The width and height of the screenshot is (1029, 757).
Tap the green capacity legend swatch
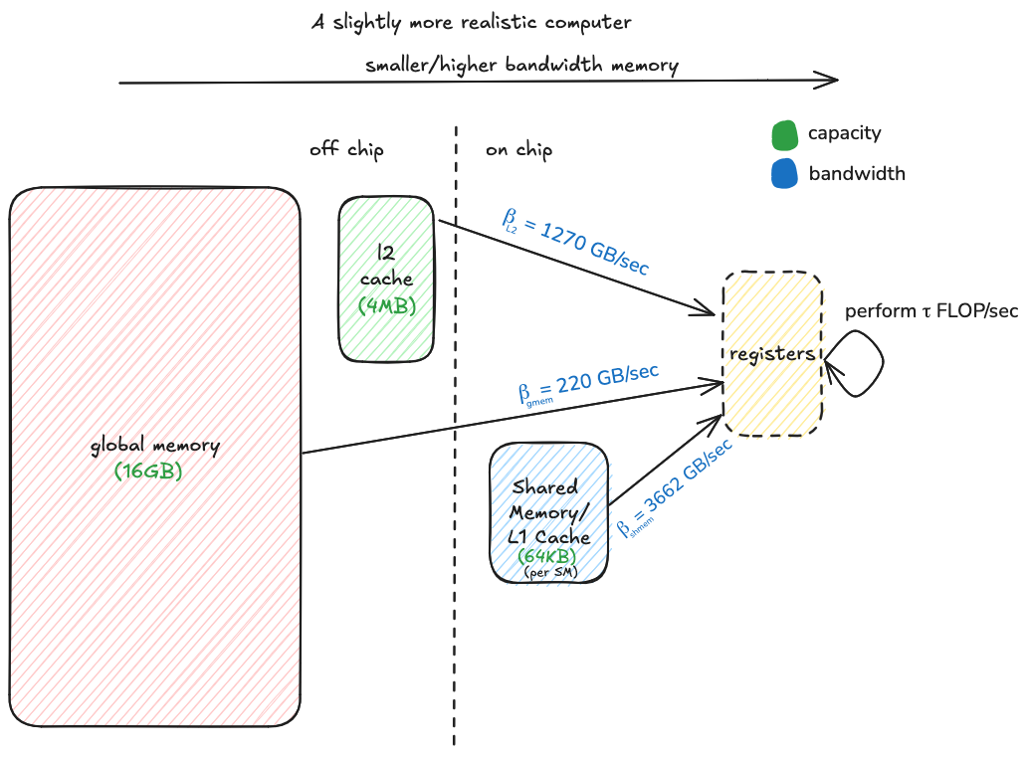pos(784,134)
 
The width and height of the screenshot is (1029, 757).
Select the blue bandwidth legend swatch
pos(784,173)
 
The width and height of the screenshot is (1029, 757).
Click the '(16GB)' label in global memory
pos(149,471)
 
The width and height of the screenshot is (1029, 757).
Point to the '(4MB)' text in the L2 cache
pos(387,305)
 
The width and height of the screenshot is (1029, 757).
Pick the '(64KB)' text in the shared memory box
pos(547,557)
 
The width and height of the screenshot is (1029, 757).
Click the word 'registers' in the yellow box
pos(772,354)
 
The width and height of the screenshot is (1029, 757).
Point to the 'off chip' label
pos(346,150)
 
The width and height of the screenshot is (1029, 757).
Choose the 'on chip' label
pos(518,150)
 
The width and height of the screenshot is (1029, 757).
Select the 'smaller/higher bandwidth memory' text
pos(521,66)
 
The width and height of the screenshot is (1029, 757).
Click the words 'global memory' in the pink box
pos(154,446)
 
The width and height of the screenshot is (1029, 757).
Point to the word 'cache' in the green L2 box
pos(386,280)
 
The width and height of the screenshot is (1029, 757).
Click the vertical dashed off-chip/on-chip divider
pos(456,448)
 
